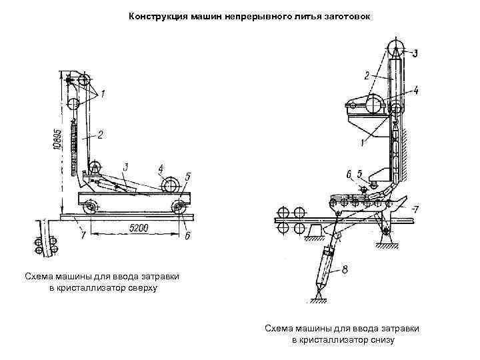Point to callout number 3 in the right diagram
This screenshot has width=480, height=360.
pyautogui.click(x=415, y=53)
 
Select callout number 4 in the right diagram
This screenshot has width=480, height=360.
pyautogui.click(x=415, y=89)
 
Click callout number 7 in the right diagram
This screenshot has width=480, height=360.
pyautogui.click(x=415, y=209)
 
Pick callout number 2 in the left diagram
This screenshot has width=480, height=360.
pyautogui.click(x=100, y=135)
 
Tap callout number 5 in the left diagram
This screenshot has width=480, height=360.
pyautogui.click(x=188, y=177)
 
